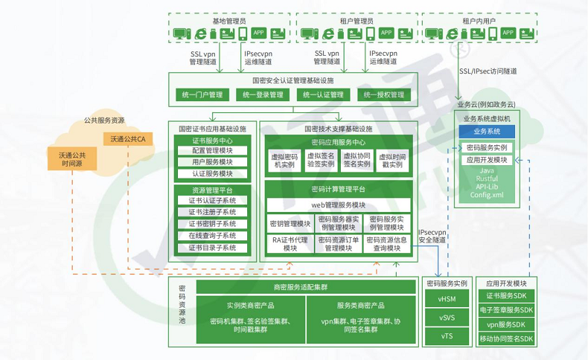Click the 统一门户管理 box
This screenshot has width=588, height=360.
pos(202,94)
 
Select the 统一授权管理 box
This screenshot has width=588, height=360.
pos(384,94)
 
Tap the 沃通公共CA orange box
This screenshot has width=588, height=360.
pos(127,139)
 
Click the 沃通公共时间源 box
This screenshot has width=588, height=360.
pos(72,159)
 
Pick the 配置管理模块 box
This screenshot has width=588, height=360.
pos(212,151)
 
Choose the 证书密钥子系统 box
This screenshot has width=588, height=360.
pos(212,224)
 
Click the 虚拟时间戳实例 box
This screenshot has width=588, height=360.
pos(392,161)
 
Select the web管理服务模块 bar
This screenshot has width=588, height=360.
pos(338,205)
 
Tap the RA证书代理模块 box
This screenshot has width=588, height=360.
pos(290,244)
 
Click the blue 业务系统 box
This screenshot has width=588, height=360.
pos(488,132)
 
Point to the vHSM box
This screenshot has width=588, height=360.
pos(447,300)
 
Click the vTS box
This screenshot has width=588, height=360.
pos(447,335)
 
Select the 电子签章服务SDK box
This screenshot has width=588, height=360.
pos(506,310)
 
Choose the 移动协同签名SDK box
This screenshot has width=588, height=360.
pos(506,338)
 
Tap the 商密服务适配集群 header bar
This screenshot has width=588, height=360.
pos(305,287)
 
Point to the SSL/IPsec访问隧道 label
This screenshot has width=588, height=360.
pos(488,71)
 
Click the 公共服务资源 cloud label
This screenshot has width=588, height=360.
pos(103,120)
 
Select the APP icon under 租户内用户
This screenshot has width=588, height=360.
pos(508,33)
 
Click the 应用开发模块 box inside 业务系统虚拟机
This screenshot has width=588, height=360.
pos(487,160)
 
